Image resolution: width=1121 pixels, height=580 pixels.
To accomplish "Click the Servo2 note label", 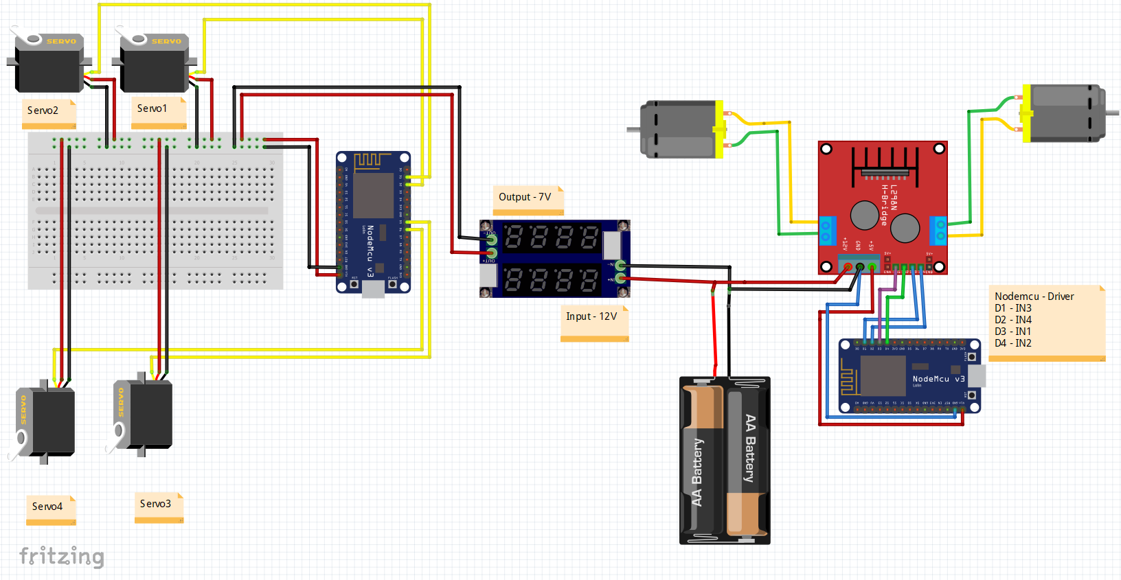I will coord(43,111).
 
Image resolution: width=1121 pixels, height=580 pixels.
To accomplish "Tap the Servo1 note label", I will coord(152,108).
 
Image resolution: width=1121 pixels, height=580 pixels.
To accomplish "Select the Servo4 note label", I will coord(47,507).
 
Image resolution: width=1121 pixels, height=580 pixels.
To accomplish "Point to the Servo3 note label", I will coord(155,504).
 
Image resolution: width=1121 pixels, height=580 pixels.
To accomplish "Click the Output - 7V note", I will coord(525,197).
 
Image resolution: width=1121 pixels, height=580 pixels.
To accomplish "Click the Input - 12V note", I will coord(591,316).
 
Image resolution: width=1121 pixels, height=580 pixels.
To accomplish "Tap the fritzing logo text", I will coord(62,556).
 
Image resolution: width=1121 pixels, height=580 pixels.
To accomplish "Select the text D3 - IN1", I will coord(1012,332).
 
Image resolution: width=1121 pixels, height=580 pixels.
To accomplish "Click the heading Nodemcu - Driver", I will coord(1034,297).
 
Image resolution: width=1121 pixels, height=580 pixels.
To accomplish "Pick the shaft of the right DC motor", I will coord(1112,113).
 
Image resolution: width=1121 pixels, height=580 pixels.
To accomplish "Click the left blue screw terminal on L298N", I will coord(827,231).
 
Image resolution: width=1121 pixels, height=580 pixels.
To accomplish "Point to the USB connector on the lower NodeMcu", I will coord(976,376).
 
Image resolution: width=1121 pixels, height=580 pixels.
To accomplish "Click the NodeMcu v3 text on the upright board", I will coord(370,251).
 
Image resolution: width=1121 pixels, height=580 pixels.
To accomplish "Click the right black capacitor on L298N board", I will coord(905,229).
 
